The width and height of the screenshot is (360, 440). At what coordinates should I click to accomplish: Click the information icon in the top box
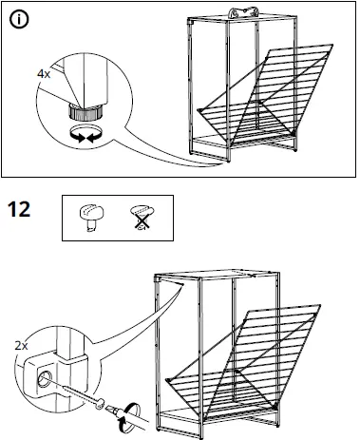coord(19,20)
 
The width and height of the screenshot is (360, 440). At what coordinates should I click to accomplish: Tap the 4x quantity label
coord(44,74)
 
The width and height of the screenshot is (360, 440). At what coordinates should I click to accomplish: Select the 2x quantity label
coord(21,346)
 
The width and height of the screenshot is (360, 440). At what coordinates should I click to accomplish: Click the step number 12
coord(19,209)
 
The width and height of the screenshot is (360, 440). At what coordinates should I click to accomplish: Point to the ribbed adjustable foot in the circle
coord(85,112)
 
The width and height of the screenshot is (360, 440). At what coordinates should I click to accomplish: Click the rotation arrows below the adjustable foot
coord(86,134)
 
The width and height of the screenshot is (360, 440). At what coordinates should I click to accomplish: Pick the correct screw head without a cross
coord(91,217)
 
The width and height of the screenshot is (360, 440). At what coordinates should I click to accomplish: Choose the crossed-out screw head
coord(142,217)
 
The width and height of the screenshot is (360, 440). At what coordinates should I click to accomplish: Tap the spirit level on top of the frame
coord(244,12)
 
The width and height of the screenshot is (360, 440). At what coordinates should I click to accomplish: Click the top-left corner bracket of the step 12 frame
coord(157,278)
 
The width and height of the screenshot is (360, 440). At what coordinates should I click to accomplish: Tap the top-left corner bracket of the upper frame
coord(190,22)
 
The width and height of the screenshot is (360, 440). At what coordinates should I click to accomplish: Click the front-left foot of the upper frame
coord(228,161)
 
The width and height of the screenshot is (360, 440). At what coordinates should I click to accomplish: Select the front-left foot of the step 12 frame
coord(200,437)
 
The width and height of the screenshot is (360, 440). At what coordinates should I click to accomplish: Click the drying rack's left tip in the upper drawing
coord(199,109)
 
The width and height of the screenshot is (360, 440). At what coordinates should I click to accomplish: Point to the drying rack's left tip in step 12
coord(167,379)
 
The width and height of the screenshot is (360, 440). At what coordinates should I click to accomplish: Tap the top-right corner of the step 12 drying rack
coord(320,305)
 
